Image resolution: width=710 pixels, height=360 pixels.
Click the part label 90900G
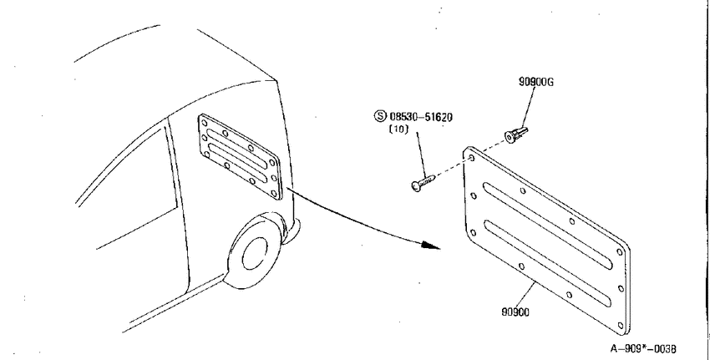(536, 82)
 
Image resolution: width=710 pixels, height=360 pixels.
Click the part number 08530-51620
(421, 117)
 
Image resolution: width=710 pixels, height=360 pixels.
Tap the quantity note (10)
(398, 129)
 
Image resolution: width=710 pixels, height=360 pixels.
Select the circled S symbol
(380, 116)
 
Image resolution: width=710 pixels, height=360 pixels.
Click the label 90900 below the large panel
(515, 312)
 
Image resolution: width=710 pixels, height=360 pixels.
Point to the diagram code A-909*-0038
(643, 348)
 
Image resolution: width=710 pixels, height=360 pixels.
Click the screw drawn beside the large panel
(423, 182)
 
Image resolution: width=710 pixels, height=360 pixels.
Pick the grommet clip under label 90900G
(516, 134)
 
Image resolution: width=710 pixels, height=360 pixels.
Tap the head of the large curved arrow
(431, 246)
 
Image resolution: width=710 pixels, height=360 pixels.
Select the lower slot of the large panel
(548, 265)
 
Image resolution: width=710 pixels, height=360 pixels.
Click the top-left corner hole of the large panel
(472, 158)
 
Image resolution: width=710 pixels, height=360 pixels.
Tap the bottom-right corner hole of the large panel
(621, 325)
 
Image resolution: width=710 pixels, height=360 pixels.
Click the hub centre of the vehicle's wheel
(255, 256)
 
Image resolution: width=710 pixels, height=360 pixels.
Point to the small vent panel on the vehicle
(240, 157)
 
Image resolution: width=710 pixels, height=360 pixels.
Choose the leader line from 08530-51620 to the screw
(422, 155)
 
